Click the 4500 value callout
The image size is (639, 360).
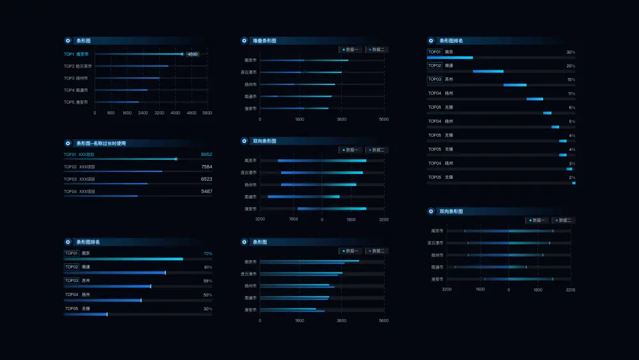coord(192,54)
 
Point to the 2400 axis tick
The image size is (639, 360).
coord(143,113)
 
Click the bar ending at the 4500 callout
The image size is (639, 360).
coord(138,54)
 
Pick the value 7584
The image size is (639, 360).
coord(206,167)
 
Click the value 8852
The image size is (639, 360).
coord(206,155)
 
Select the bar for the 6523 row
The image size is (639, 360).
coord(105,184)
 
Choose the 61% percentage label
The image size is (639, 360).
coord(208,267)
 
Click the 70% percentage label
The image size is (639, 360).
coord(208,253)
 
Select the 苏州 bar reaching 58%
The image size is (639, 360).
coord(107,286)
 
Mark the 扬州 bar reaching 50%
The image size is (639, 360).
coord(102,300)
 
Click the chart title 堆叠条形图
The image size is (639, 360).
coord(265,41)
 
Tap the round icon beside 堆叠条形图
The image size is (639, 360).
coord(244,41)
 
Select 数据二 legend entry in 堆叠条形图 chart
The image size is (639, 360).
coord(377,49)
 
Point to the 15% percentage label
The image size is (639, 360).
coord(571,80)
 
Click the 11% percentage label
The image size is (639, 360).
coord(571,93)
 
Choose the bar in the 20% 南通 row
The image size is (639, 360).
coord(488,71)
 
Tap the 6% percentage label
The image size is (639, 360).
coord(572,107)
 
